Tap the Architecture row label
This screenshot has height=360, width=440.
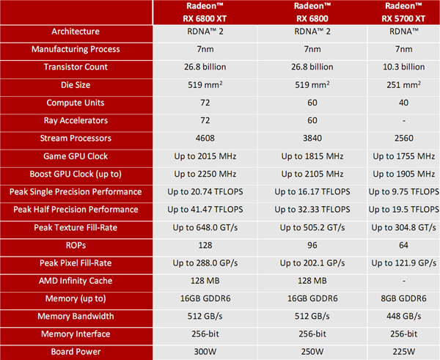76,32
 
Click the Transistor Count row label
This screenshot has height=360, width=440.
76,67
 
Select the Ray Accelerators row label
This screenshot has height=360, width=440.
76,120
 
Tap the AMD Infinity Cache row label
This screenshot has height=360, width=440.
76,281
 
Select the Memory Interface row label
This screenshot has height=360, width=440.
76,334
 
